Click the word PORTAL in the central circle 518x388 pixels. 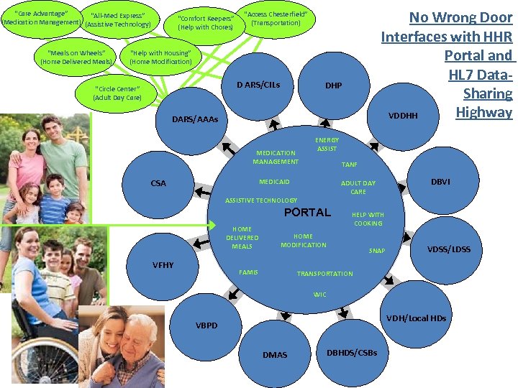pyautogui.click(x=307, y=212)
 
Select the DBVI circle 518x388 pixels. pyautogui.click(x=440, y=182)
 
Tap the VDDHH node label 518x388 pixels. pyautogui.click(x=403, y=116)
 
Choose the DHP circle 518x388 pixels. pyautogui.click(x=333, y=86)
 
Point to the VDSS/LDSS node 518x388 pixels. pyautogui.click(x=449, y=249)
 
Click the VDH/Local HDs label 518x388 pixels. pyautogui.click(x=416, y=318)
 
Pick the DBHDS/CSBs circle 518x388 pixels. pyautogui.click(x=352, y=352)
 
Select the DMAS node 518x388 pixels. pyautogui.click(x=275, y=355)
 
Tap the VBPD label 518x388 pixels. pyautogui.click(x=206, y=325)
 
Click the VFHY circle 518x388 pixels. pyautogui.click(x=163, y=265)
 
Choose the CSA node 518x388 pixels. pyautogui.click(x=158, y=183)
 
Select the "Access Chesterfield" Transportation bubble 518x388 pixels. pyautogui.click(x=276, y=19)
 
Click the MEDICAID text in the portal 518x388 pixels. pyautogui.click(x=274, y=182)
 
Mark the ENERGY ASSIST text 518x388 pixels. pyautogui.click(x=327, y=144)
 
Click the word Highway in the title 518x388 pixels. pyautogui.click(x=483, y=111)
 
